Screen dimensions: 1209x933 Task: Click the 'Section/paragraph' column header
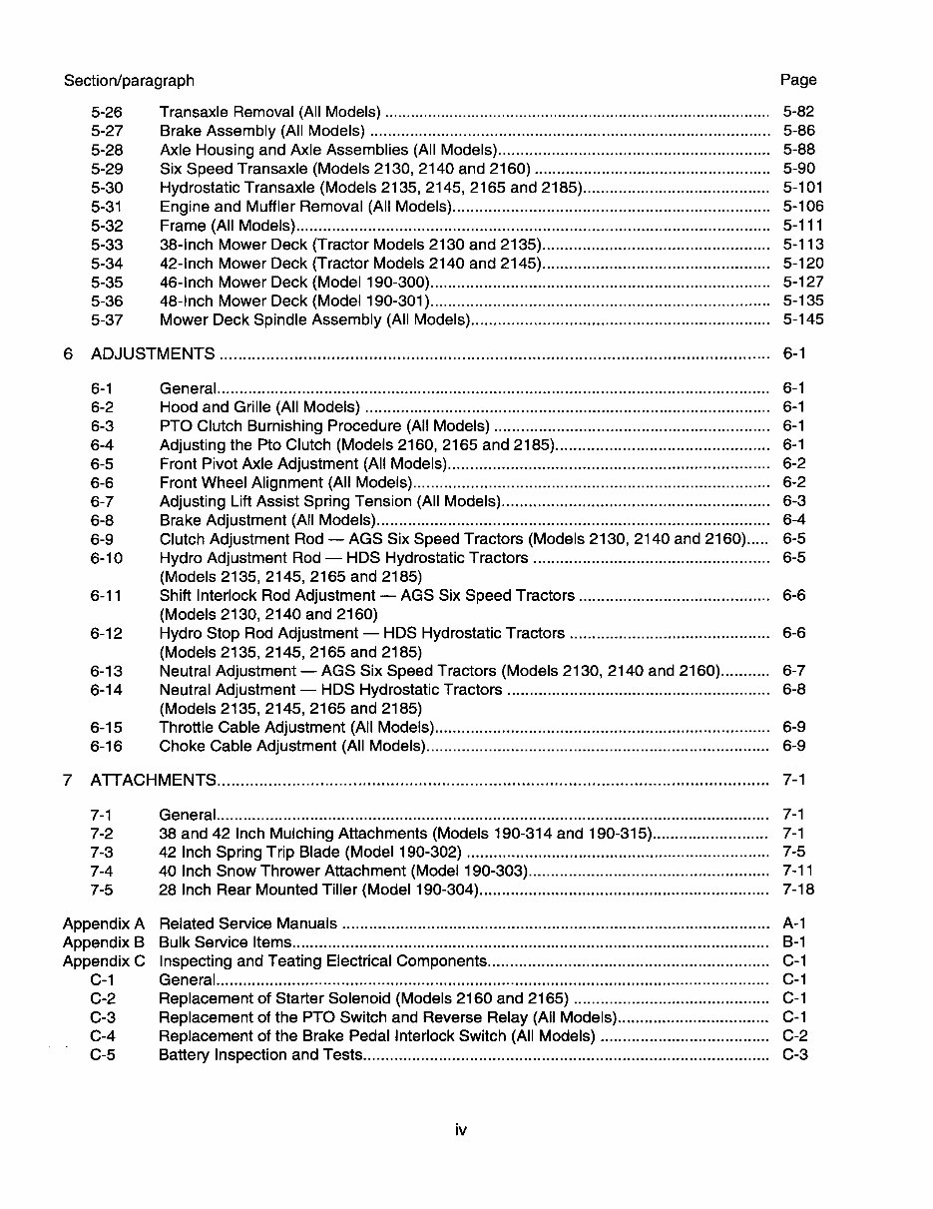click(x=129, y=80)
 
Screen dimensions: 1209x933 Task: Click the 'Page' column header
click(x=798, y=80)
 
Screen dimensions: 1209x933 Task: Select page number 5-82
click(x=798, y=112)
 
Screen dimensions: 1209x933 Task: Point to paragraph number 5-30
click(x=107, y=188)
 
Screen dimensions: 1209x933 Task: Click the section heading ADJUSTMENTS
click(x=153, y=353)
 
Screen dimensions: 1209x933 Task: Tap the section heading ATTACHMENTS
click(x=154, y=780)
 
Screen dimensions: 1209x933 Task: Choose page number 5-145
click(x=803, y=319)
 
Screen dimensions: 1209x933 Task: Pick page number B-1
click(x=794, y=941)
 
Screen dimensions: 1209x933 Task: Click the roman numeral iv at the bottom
click(x=461, y=1130)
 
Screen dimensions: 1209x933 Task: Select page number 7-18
click(x=798, y=890)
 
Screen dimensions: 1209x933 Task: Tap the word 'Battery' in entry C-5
click(x=185, y=1055)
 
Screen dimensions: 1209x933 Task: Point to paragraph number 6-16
click(x=107, y=746)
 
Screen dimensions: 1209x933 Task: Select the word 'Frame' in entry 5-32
click(x=183, y=226)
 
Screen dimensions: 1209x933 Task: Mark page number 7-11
click(x=798, y=871)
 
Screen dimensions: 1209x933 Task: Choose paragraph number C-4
click(x=103, y=1036)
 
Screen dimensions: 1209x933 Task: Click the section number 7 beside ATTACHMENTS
click(x=68, y=780)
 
